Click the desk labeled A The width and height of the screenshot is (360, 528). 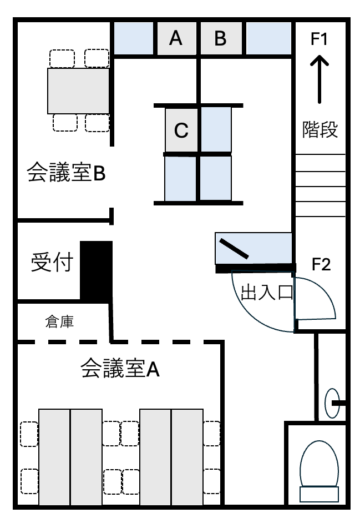coord(176,38)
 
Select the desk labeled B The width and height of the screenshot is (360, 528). coord(221,38)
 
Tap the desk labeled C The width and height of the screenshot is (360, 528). coord(181,130)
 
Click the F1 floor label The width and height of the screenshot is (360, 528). coord(319,39)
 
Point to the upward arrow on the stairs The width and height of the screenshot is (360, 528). coord(320,79)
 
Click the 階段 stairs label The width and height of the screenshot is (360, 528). coord(320,129)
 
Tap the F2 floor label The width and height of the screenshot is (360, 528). coord(321,264)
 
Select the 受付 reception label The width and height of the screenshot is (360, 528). coord(52,262)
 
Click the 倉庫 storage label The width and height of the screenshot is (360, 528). coord(59,322)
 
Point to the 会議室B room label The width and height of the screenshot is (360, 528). coord(66,173)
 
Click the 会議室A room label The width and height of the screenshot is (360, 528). coord(120,369)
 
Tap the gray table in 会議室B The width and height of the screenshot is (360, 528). coord(78,91)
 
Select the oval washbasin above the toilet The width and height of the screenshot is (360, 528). coord(332,403)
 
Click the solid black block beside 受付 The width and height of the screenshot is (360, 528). coord(96,270)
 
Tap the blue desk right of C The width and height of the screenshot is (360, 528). coord(216,130)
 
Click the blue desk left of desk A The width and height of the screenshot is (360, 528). coord(134,38)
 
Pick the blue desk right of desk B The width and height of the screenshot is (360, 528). coord(269,38)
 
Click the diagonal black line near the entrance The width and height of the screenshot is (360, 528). coord(234,249)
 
